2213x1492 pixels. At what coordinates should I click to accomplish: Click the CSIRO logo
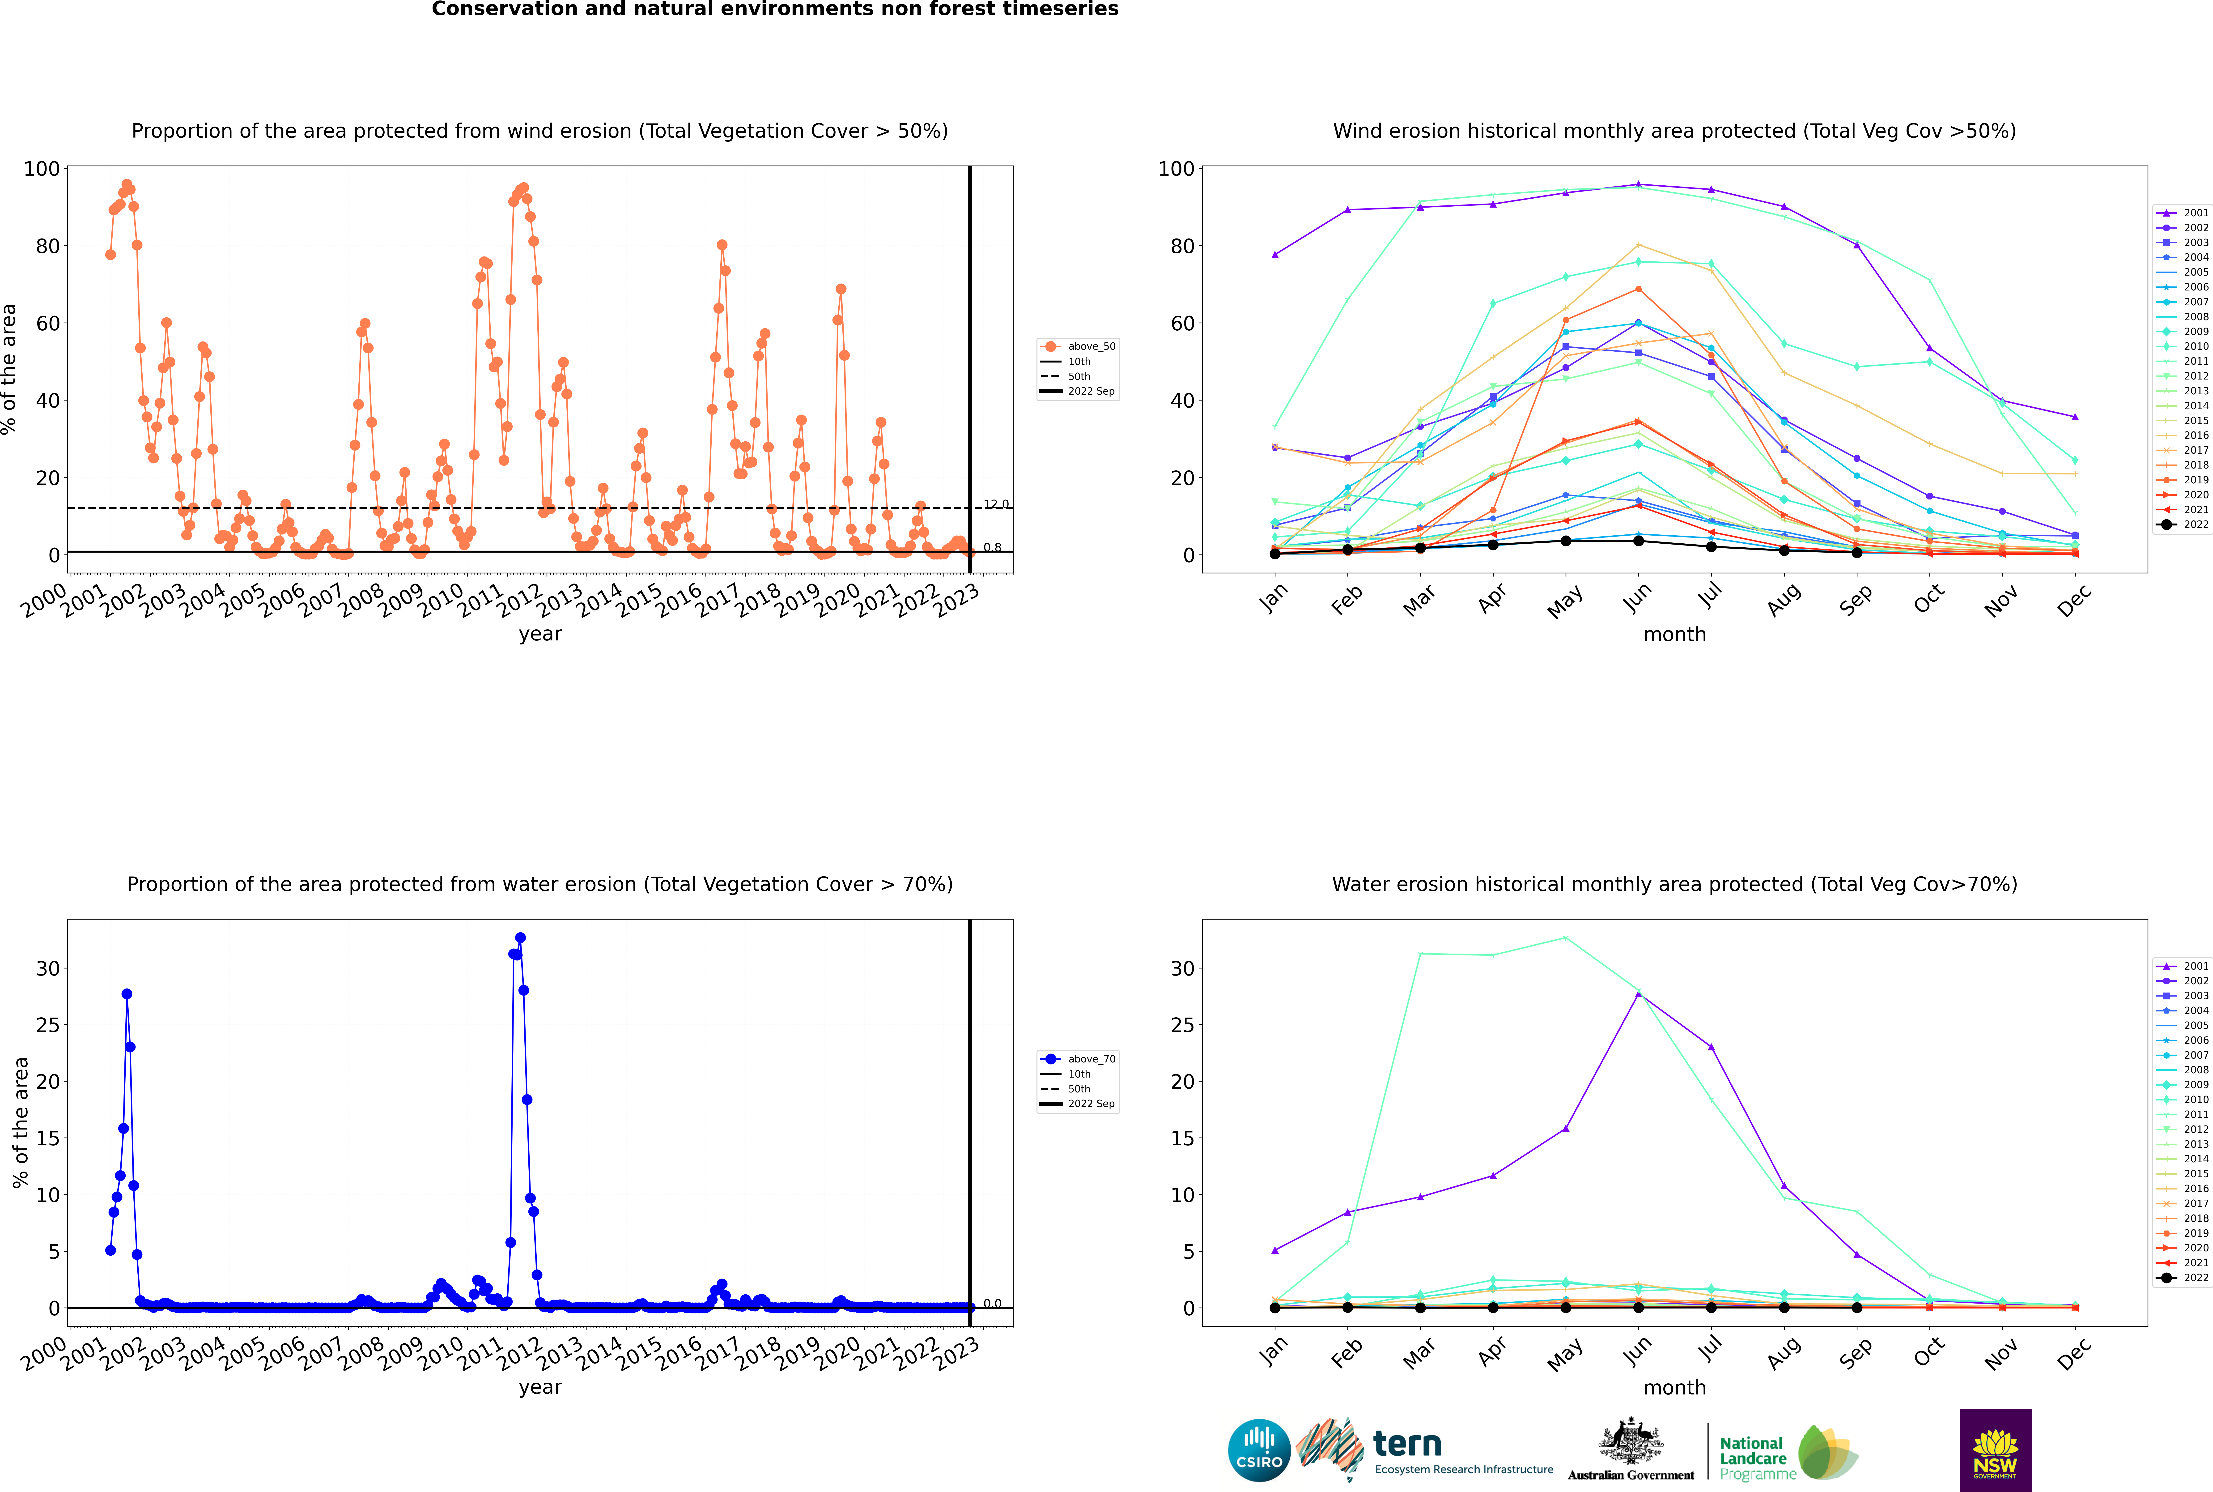[x=1259, y=1450]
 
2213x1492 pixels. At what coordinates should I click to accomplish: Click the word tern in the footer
[x=1407, y=1445]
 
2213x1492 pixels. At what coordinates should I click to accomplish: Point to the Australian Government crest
[x=1631, y=1441]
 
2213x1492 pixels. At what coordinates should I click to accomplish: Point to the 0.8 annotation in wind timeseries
[x=992, y=547]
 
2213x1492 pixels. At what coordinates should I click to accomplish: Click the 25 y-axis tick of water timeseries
[x=47, y=1025]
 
